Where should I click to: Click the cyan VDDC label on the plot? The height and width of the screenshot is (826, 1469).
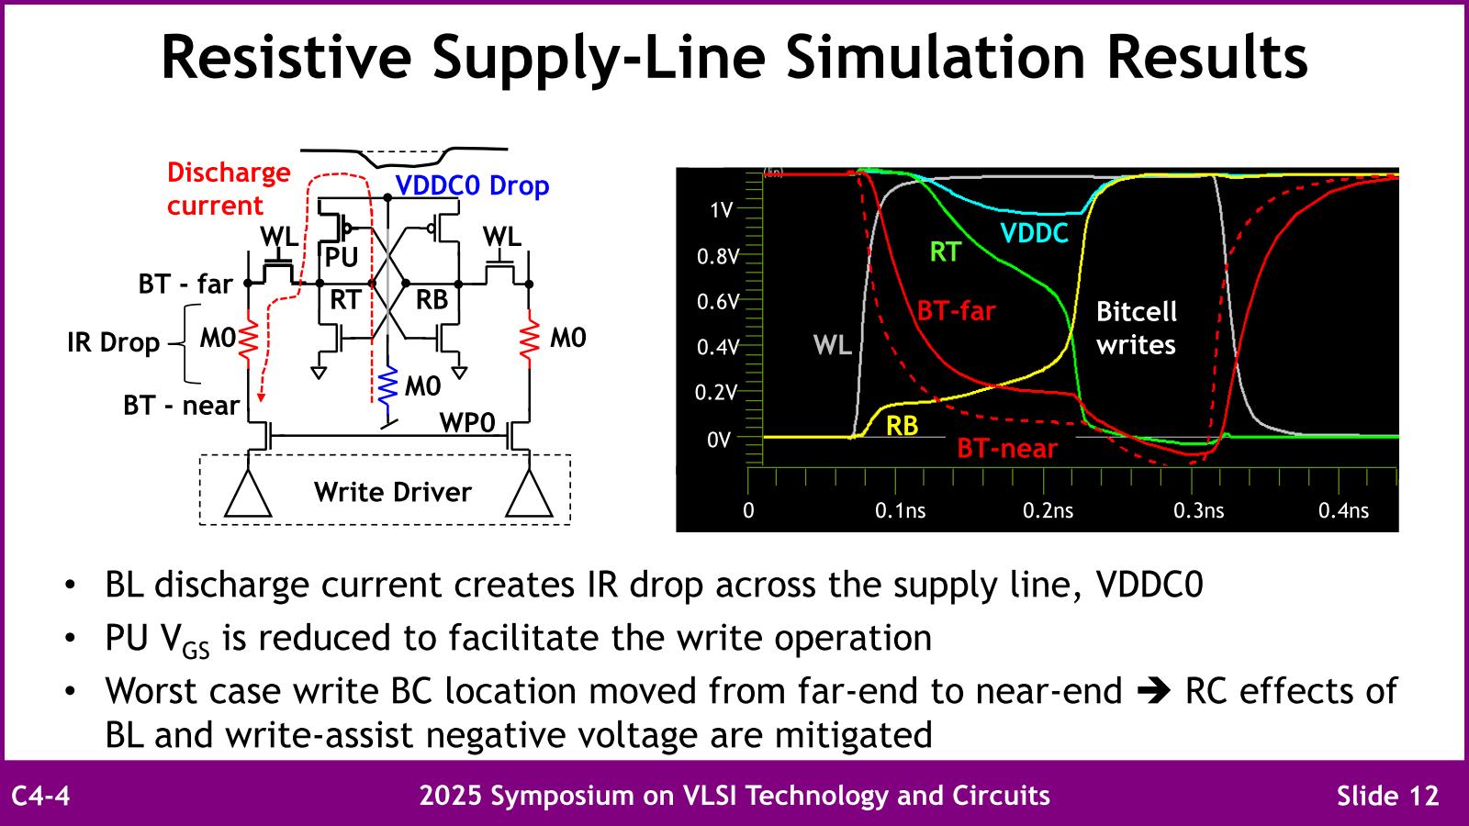(1034, 233)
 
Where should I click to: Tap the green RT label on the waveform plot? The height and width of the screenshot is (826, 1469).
(945, 251)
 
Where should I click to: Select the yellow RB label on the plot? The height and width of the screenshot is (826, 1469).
(902, 426)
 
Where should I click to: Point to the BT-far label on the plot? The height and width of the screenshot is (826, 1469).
(956, 310)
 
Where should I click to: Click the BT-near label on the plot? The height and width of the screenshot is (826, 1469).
(1007, 449)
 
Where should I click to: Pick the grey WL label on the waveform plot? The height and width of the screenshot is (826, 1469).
(832, 344)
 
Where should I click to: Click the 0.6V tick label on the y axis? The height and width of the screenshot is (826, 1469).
(717, 302)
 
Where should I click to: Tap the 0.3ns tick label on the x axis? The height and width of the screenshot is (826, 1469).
(1198, 510)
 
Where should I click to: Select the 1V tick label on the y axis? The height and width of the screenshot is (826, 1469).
(721, 210)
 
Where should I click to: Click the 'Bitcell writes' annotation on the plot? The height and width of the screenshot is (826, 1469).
(1137, 328)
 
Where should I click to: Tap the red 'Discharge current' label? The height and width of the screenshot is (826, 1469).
(229, 189)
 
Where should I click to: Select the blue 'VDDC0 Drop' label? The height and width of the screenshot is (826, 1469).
(472, 185)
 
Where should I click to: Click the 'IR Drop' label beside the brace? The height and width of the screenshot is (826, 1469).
(114, 342)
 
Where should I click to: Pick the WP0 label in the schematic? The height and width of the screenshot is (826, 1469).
(467, 423)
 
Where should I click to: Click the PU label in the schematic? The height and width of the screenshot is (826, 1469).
(342, 258)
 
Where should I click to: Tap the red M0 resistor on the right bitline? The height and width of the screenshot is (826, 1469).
(529, 339)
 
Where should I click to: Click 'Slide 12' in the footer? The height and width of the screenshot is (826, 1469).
(1387, 796)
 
